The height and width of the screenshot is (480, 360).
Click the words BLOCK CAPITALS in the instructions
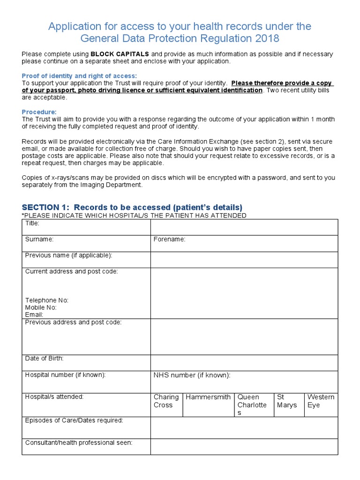click(x=120, y=54)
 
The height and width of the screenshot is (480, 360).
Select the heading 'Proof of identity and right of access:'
click(x=79, y=76)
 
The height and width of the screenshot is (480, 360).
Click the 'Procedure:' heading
click(x=39, y=112)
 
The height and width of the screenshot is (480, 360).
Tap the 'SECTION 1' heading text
click(x=132, y=207)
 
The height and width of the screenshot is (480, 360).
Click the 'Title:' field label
click(x=32, y=223)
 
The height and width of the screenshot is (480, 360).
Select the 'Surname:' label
click(x=39, y=239)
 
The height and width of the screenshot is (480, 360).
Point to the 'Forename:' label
click(x=169, y=240)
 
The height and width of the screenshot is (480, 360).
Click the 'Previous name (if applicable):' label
click(x=68, y=255)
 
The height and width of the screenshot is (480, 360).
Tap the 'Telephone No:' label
click(x=47, y=300)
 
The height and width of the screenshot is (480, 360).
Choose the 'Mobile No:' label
click(x=41, y=307)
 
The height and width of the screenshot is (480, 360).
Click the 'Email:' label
click(x=34, y=315)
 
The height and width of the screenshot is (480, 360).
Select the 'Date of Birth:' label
click(x=44, y=359)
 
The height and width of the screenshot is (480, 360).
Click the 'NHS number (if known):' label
click(x=192, y=375)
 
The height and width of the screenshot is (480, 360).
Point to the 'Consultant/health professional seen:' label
click(x=79, y=442)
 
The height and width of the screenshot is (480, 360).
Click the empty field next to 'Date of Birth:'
click(x=244, y=363)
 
